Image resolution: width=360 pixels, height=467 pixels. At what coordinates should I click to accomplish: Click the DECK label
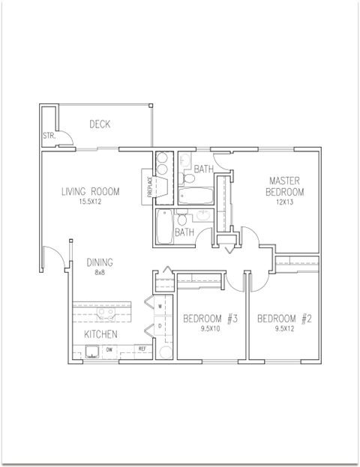click(99, 124)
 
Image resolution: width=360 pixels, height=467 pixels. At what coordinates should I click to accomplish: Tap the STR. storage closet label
click(49, 136)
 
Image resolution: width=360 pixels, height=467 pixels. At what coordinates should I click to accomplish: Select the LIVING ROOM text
click(90, 192)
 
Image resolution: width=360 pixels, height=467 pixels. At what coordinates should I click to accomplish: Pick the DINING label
click(99, 262)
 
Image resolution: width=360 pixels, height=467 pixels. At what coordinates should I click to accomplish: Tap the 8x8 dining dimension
click(99, 273)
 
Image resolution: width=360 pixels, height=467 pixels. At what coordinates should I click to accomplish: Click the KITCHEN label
click(99, 334)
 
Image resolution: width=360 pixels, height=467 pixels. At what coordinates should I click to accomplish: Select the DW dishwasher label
click(109, 349)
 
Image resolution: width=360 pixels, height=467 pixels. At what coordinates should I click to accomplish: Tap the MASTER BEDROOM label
click(285, 187)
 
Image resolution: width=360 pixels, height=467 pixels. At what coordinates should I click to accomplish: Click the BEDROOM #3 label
click(210, 319)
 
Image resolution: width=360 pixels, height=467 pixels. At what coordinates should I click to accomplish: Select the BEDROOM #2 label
click(284, 319)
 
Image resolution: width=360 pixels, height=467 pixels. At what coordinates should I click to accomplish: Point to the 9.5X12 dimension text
click(284, 328)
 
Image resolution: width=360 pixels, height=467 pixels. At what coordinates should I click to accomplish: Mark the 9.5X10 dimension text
click(210, 328)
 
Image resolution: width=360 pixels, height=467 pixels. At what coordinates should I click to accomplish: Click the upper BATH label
click(203, 169)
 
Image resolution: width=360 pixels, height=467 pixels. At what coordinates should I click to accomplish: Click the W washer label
click(160, 307)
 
